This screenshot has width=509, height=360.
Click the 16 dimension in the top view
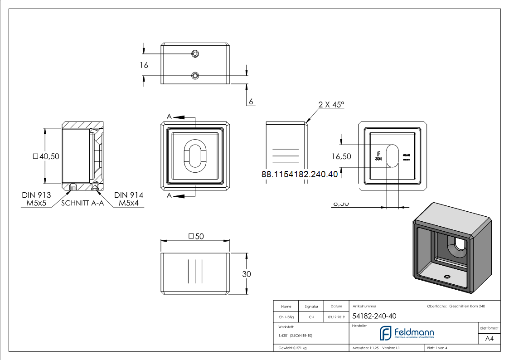(x=144, y=65)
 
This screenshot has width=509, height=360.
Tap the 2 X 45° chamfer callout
(x=331, y=105)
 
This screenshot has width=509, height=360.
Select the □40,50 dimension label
(x=46, y=156)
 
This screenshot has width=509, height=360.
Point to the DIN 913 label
(x=36, y=195)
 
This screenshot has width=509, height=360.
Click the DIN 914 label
(x=129, y=195)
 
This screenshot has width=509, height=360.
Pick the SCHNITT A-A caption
(x=82, y=203)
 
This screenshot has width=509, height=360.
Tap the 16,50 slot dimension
(x=341, y=156)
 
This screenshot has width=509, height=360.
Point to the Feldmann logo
(x=407, y=333)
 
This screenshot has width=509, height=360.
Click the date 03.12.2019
(x=336, y=317)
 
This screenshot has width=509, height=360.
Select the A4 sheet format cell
(x=490, y=339)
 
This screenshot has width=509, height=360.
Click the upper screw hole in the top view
(x=195, y=54)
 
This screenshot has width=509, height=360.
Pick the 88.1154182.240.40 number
(x=300, y=174)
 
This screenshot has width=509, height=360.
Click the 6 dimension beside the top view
(x=251, y=102)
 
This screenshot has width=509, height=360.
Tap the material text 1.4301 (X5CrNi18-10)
(x=296, y=336)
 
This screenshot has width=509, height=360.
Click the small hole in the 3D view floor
(x=447, y=276)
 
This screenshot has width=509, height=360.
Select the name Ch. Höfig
(x=286, y=317)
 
